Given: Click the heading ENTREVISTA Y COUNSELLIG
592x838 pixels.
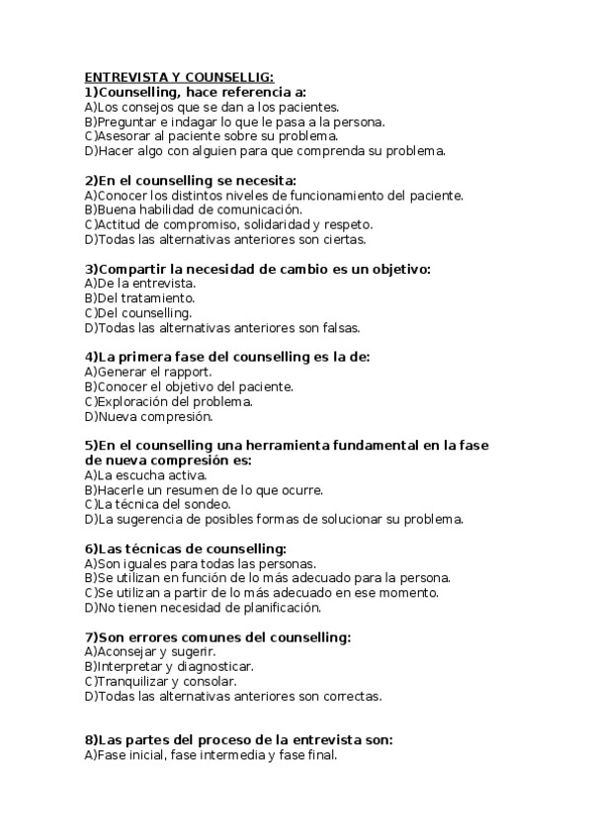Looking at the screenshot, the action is tap(179, 76).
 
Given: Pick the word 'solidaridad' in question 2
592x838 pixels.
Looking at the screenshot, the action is tap(283, 224).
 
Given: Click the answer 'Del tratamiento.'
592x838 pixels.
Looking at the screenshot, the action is tap(140, 298).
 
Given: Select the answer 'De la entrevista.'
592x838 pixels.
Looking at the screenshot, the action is tap(140, 284).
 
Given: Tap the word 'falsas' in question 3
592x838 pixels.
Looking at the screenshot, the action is tap(339, 328).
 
